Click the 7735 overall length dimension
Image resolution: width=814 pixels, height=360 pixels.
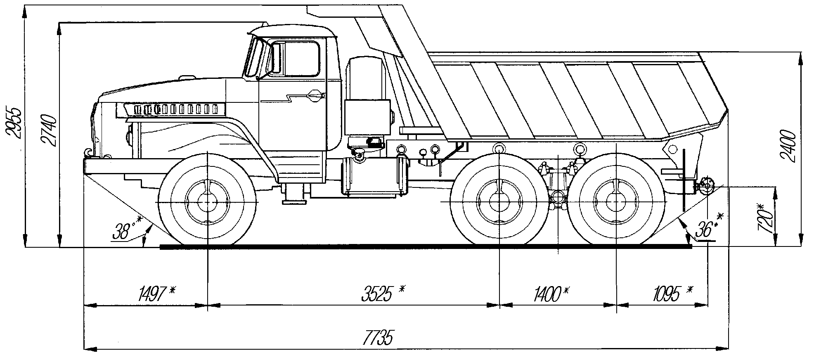(377, 338)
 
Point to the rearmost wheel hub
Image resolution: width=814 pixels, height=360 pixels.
(616, 201)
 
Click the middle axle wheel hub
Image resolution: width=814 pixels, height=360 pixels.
(499, 201)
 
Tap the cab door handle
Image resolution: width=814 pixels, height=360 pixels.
(316, 96)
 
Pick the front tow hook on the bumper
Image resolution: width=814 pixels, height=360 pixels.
(88, 153)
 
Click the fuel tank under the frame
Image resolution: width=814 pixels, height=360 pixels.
(374, 177)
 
